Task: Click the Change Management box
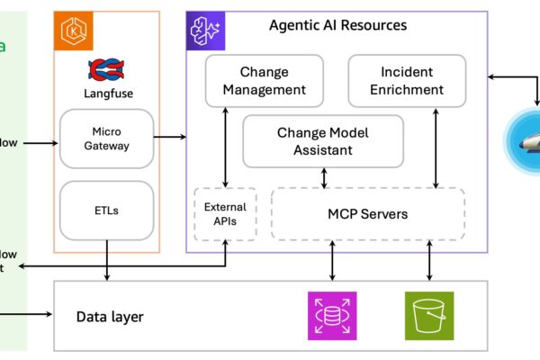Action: click(x=264, y=81)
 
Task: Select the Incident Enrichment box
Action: click(x=407, y=81)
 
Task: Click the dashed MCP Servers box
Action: click(x=366, y=214)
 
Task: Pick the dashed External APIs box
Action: click(x=225, y=214)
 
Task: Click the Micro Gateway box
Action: click(x=105, y=139)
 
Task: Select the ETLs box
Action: click(x=105, y=211)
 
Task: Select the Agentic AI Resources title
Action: click(x=337, y=25)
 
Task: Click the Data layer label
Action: click(x=109, y=317)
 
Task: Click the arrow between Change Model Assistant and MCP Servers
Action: click(x=325, y=178)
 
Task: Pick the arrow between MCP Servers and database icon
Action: click(x=333, y=260)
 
